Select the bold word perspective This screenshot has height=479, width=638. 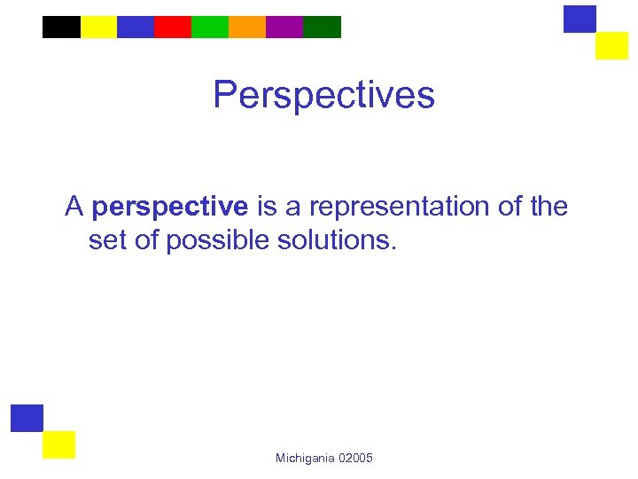point(169,208)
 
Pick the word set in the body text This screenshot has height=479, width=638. point(106,240)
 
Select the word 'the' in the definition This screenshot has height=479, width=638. point(548,207)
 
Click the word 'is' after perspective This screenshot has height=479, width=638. point(267,207)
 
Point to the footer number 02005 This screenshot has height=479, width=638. point(356,458)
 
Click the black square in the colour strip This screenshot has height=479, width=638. point(61,27)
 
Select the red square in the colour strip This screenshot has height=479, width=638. point(172,27)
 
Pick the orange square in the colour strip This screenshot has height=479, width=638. point(246,27)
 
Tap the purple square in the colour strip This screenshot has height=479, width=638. point(284,27)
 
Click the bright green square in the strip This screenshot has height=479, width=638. point(209,27)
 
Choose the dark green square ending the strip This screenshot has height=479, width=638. point(322,27)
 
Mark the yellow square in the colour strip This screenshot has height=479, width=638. point(98,27)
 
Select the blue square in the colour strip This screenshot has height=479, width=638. point(135,27)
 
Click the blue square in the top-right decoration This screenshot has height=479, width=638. point(580,19)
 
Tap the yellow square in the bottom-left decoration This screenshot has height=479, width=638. point(59,444)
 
